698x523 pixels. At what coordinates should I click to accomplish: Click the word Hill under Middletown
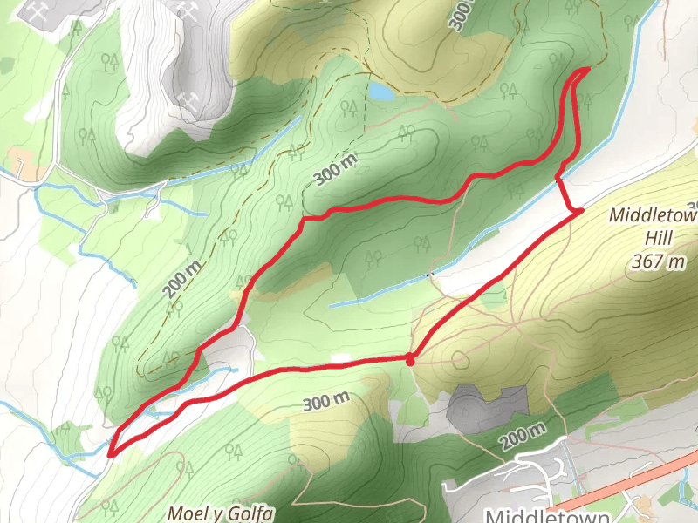tap(654, 237)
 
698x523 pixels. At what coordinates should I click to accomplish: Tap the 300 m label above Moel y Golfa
tap(326, 402)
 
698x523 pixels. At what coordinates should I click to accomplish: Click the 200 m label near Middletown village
tap(524, 435)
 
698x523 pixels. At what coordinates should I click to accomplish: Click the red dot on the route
tap(409, 358)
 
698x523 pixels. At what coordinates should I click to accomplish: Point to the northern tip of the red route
tap(586, 68)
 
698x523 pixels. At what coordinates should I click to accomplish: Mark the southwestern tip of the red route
tap(111, 452)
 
